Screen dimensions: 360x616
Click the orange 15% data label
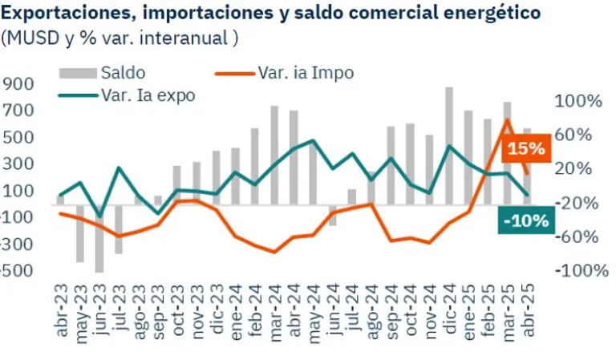pos(526,148)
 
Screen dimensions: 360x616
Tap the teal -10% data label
pos(525,220)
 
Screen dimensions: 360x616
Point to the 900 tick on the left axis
pos(17,84)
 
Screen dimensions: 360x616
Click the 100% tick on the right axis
pos(577,101)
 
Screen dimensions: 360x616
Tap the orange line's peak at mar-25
pos(507,120)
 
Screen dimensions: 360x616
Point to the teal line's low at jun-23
pos(99,216)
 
